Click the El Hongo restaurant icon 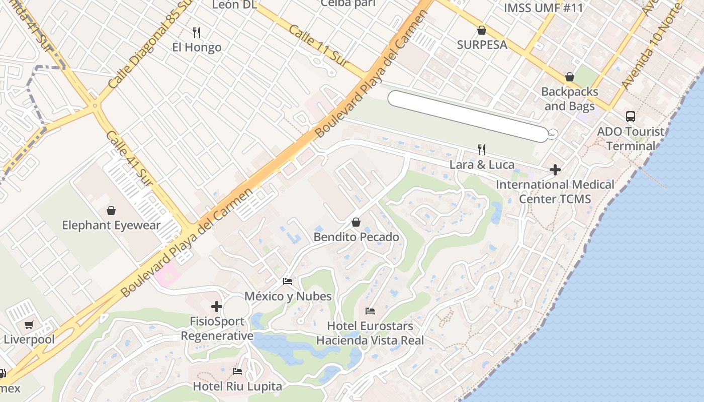(197, 33)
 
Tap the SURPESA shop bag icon (482, 30)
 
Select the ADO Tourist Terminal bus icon (631, 117)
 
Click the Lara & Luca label (482, 165)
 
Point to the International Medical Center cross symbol (555, 170)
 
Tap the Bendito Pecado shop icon (356, 222)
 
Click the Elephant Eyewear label (111, 225)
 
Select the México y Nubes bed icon (288, 281)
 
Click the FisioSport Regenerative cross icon (217, 306)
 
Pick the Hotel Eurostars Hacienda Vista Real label (370, 333)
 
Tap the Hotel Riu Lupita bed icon (237, 371)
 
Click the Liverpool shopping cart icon (29, 325)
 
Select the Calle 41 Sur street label (130, 158)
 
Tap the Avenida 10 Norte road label (652, 46)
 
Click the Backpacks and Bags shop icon (570, 77)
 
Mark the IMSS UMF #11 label (544, 8)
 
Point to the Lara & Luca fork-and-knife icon (482, 149)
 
